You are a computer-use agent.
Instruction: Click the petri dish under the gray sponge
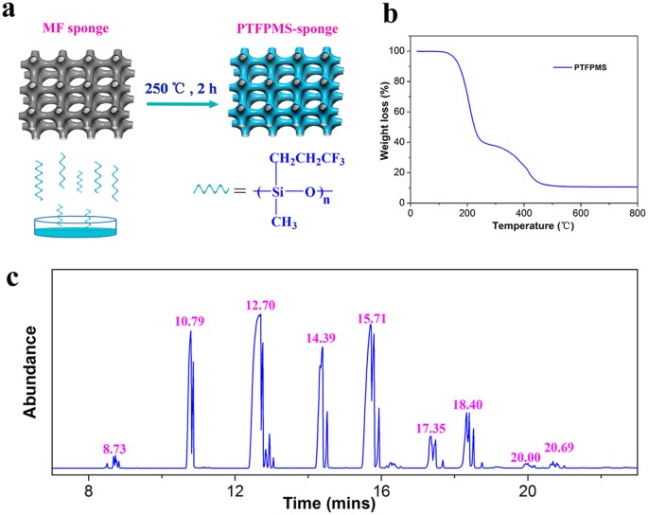coord(75,225)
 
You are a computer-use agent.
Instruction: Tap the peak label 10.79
coord(190,320)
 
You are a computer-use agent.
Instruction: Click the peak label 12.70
coord(259,305)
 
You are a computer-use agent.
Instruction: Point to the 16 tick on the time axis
coord(381,491)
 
